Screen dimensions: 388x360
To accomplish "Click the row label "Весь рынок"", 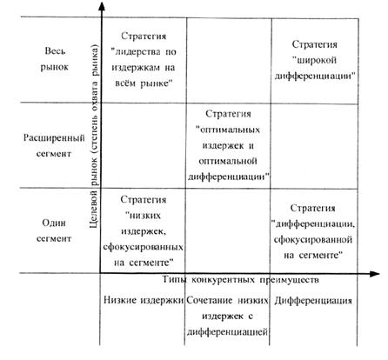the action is (54, 59).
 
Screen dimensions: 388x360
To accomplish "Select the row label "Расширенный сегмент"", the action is (54, 145).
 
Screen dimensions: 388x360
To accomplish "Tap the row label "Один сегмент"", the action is (54, 230).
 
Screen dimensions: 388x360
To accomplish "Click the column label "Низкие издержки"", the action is (144, 300).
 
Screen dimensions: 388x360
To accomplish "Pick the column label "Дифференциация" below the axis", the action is (313, 301).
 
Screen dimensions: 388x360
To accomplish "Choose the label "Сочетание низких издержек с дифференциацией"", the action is (227, 316).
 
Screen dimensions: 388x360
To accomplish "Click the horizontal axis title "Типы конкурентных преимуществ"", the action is (240, 279).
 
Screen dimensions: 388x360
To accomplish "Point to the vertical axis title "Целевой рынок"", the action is (94, 137).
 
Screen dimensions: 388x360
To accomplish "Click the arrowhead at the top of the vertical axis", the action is (102, 6).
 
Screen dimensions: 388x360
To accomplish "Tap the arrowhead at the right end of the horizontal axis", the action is (375, 274).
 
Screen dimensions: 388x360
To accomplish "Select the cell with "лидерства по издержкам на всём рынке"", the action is (144, 60).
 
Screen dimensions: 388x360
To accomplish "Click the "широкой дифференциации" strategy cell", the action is (315, 60).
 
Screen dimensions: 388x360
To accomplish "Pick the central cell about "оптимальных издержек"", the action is (228, 145).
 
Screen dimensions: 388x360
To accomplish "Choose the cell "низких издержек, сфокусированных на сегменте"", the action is (143, 230).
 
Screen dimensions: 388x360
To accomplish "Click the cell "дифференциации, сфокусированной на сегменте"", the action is (314, 231).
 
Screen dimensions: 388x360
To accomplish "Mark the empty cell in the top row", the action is (229, 60).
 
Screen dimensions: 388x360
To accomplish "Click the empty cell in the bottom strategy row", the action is (228, 230).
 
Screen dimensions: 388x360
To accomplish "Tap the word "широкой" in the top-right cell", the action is (314, 60).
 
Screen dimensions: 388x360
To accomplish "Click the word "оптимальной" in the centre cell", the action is (228, 161).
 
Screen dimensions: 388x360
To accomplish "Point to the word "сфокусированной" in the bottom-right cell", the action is (313, 240).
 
